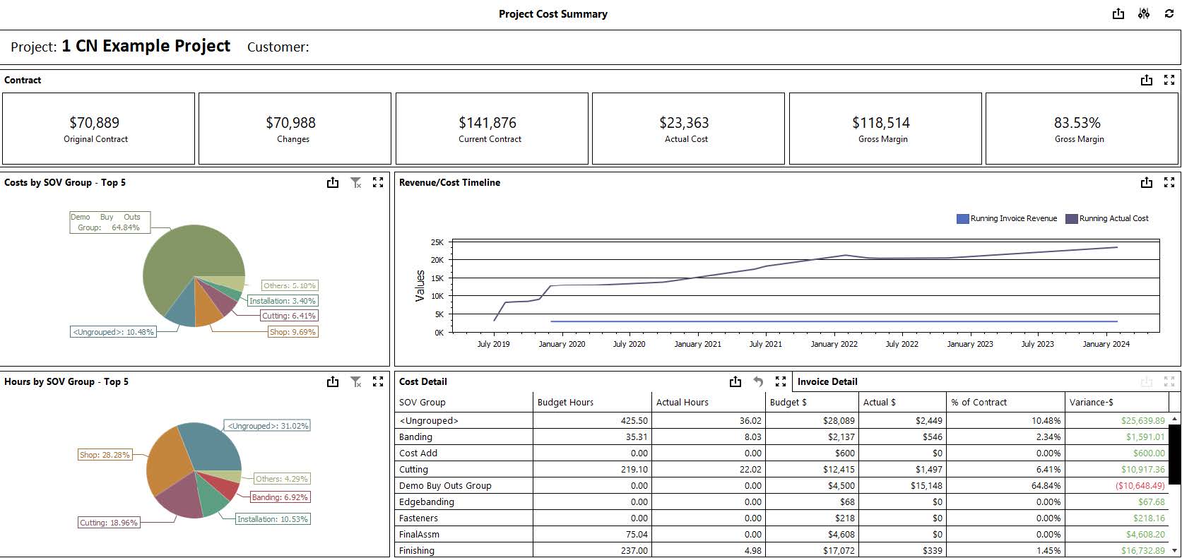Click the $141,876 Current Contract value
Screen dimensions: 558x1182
487,123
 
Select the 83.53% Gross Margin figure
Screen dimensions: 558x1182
1077,123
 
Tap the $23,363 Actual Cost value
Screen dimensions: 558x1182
684,123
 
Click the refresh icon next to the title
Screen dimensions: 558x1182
1169,14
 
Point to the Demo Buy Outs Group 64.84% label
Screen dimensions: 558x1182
110,222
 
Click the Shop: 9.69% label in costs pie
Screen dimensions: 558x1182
292,332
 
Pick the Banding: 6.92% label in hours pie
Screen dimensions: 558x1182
280,497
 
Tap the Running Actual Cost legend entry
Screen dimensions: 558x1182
1107,219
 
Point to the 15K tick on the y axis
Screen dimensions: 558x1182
437,278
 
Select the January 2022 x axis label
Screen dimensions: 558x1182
834,344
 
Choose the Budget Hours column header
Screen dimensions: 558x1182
565,403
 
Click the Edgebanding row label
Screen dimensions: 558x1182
427,502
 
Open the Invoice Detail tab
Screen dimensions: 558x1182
827,381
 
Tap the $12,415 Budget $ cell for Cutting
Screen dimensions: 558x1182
839,470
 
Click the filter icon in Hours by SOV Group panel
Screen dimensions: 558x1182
356,382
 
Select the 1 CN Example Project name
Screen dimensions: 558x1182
146,47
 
